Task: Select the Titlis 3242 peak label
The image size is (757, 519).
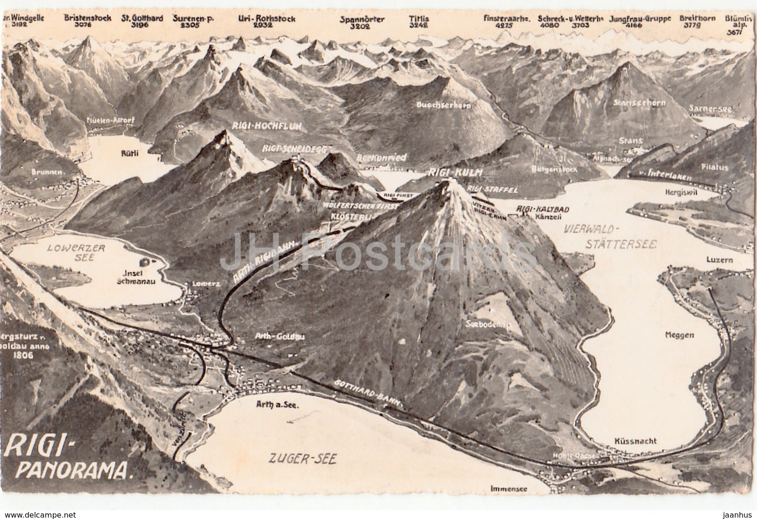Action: tap(418, 22)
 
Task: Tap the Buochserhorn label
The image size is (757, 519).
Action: tap(444, 106)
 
